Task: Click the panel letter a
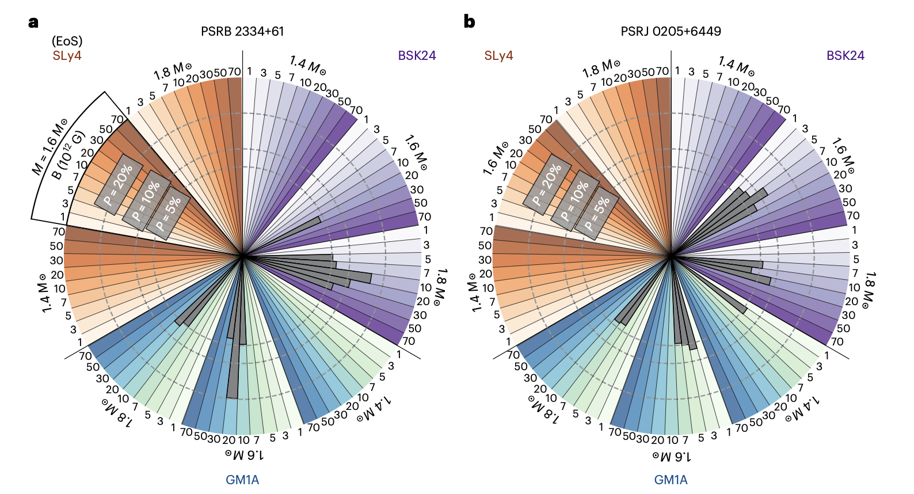pyautogui.click(x=33, y=22)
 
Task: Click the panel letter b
pyautogui.click(x=469, y=22)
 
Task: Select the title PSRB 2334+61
pyautogui.click(x=242, y=32)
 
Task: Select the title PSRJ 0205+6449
pyautogui.click(x=671, y=32)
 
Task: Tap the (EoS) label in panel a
pyautogui.click(x=67, y=41)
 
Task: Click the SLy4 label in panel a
pyautogui.click(x=67, y=56)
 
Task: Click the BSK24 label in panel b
pyautogui.click(x=845, y=56)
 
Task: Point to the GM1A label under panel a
pyautogui.click(x=242, y=480)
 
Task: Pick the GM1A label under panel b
pyautogui.click(x=671, y=480)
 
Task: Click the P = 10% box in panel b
pyautogui.click(x=574, y=200)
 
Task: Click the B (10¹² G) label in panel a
pyautogui.click(x=68, y=155)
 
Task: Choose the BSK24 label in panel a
pyautogui.click(x=417, y=56)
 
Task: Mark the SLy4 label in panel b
pyautogui.click(x=498, y=56)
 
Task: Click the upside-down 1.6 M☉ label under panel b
pyautogui.click(x=672, y=457)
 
